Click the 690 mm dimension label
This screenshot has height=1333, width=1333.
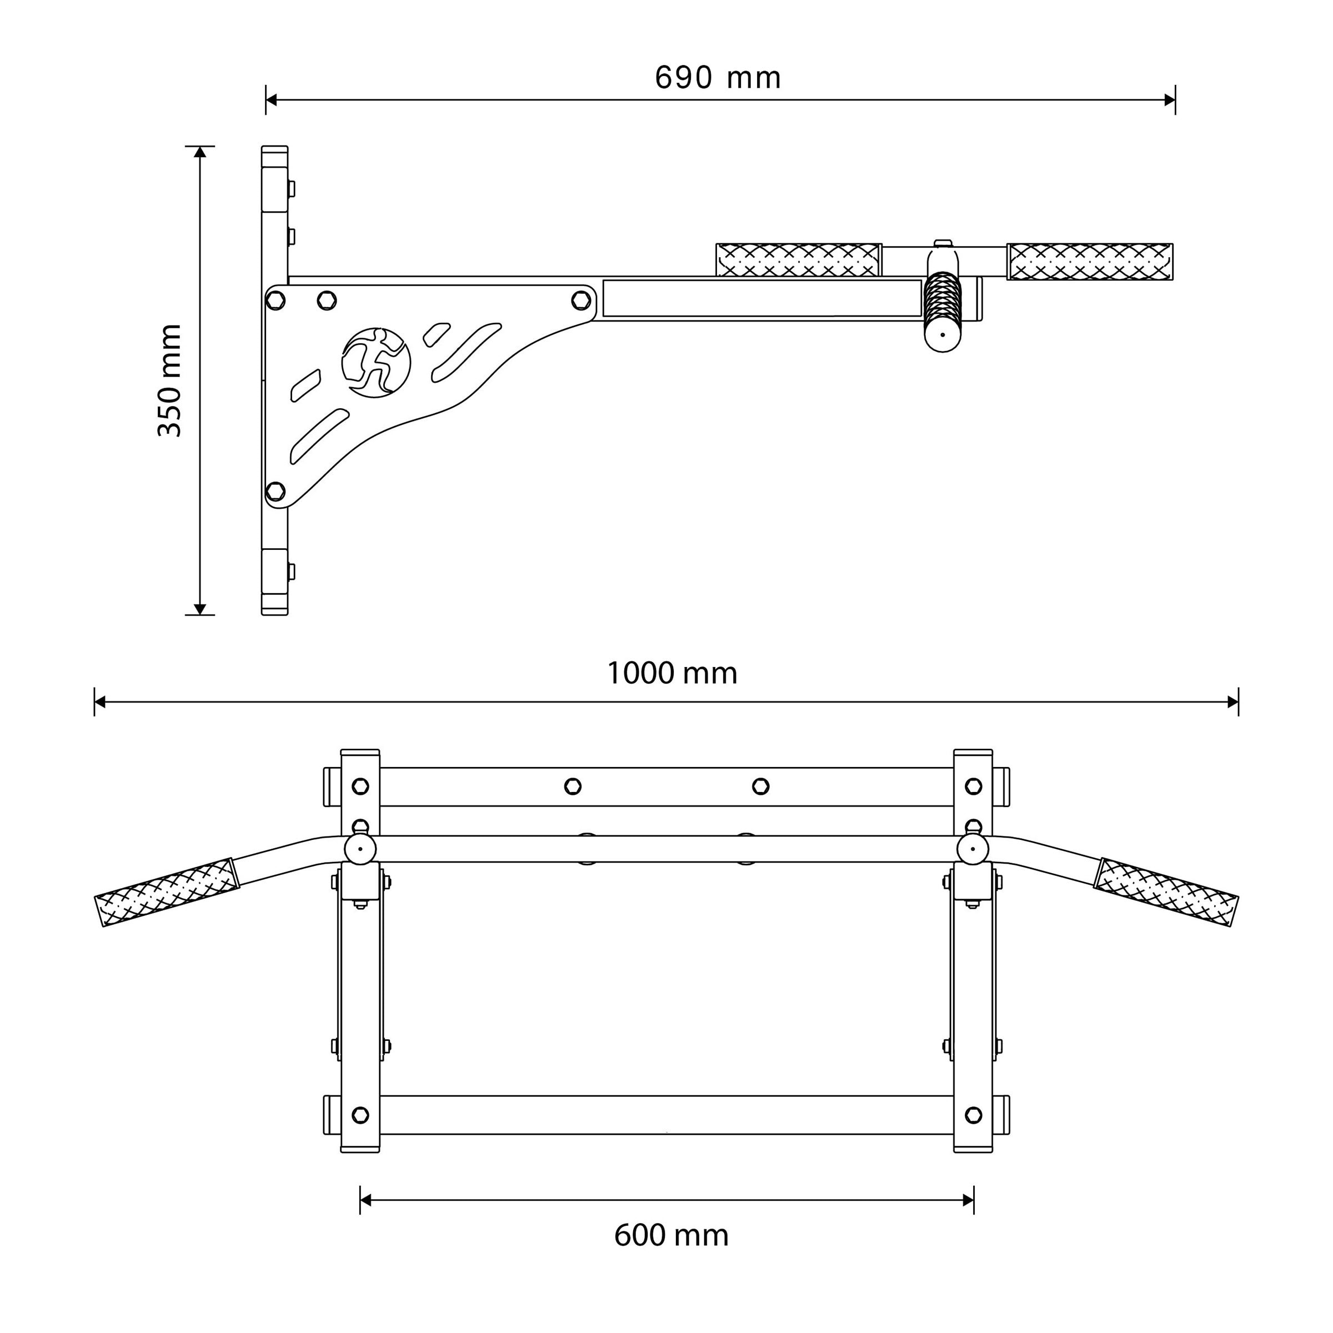point(718,78)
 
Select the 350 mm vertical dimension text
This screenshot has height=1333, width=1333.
point(170,380)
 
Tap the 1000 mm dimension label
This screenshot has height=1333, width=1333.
point(672,673)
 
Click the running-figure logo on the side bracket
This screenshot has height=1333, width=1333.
point(376,362)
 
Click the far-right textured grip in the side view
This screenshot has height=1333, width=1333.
point(1090,262)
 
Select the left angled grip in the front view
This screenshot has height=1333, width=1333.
point(167,892)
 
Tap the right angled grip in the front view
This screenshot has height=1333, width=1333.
point(1166,892)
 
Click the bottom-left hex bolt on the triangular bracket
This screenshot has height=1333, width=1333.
point(275,491)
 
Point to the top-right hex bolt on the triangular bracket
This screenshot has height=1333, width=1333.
point(582,300)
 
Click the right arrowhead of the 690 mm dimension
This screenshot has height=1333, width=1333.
point(1170,100)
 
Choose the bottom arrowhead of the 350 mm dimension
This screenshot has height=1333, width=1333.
point(200,609)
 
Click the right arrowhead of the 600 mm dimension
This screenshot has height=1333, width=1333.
point(968,1200)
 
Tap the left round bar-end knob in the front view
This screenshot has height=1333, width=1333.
point(360,849)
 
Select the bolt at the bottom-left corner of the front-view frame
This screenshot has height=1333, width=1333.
point(360,1115)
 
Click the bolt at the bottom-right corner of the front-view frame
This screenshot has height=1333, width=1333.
point(974,1115)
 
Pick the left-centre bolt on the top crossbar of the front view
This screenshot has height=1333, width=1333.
point(573,786)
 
